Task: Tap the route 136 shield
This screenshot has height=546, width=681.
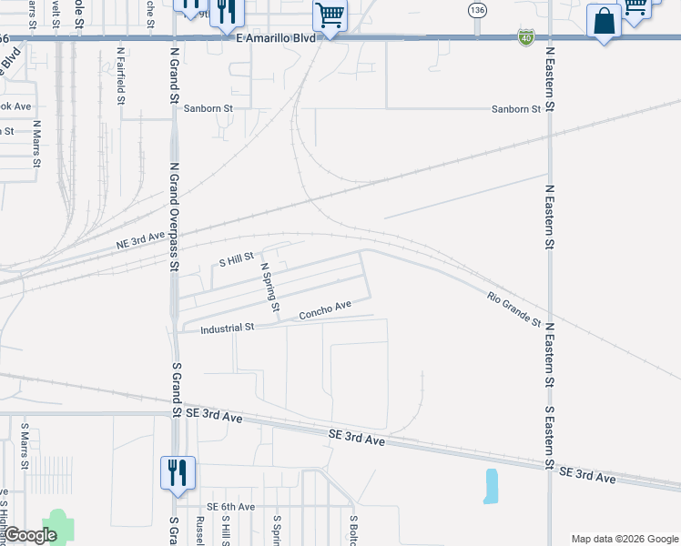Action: coord(477,10)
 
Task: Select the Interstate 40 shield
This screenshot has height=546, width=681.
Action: coord(526,37)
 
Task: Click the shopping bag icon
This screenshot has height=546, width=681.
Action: coord(605,20)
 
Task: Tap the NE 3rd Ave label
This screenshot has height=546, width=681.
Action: coord(141,240)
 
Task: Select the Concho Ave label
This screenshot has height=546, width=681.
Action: coord(325,309)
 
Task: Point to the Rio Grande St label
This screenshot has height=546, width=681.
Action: coord(513,310)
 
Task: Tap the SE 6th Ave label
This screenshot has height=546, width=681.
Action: coord(230,506)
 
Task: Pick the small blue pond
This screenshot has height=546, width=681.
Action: coord(492,487)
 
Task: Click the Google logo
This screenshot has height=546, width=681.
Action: coord(31,535)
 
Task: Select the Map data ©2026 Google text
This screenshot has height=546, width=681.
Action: coord(624,539)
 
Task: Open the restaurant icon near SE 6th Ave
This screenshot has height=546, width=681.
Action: coord(177,473)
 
